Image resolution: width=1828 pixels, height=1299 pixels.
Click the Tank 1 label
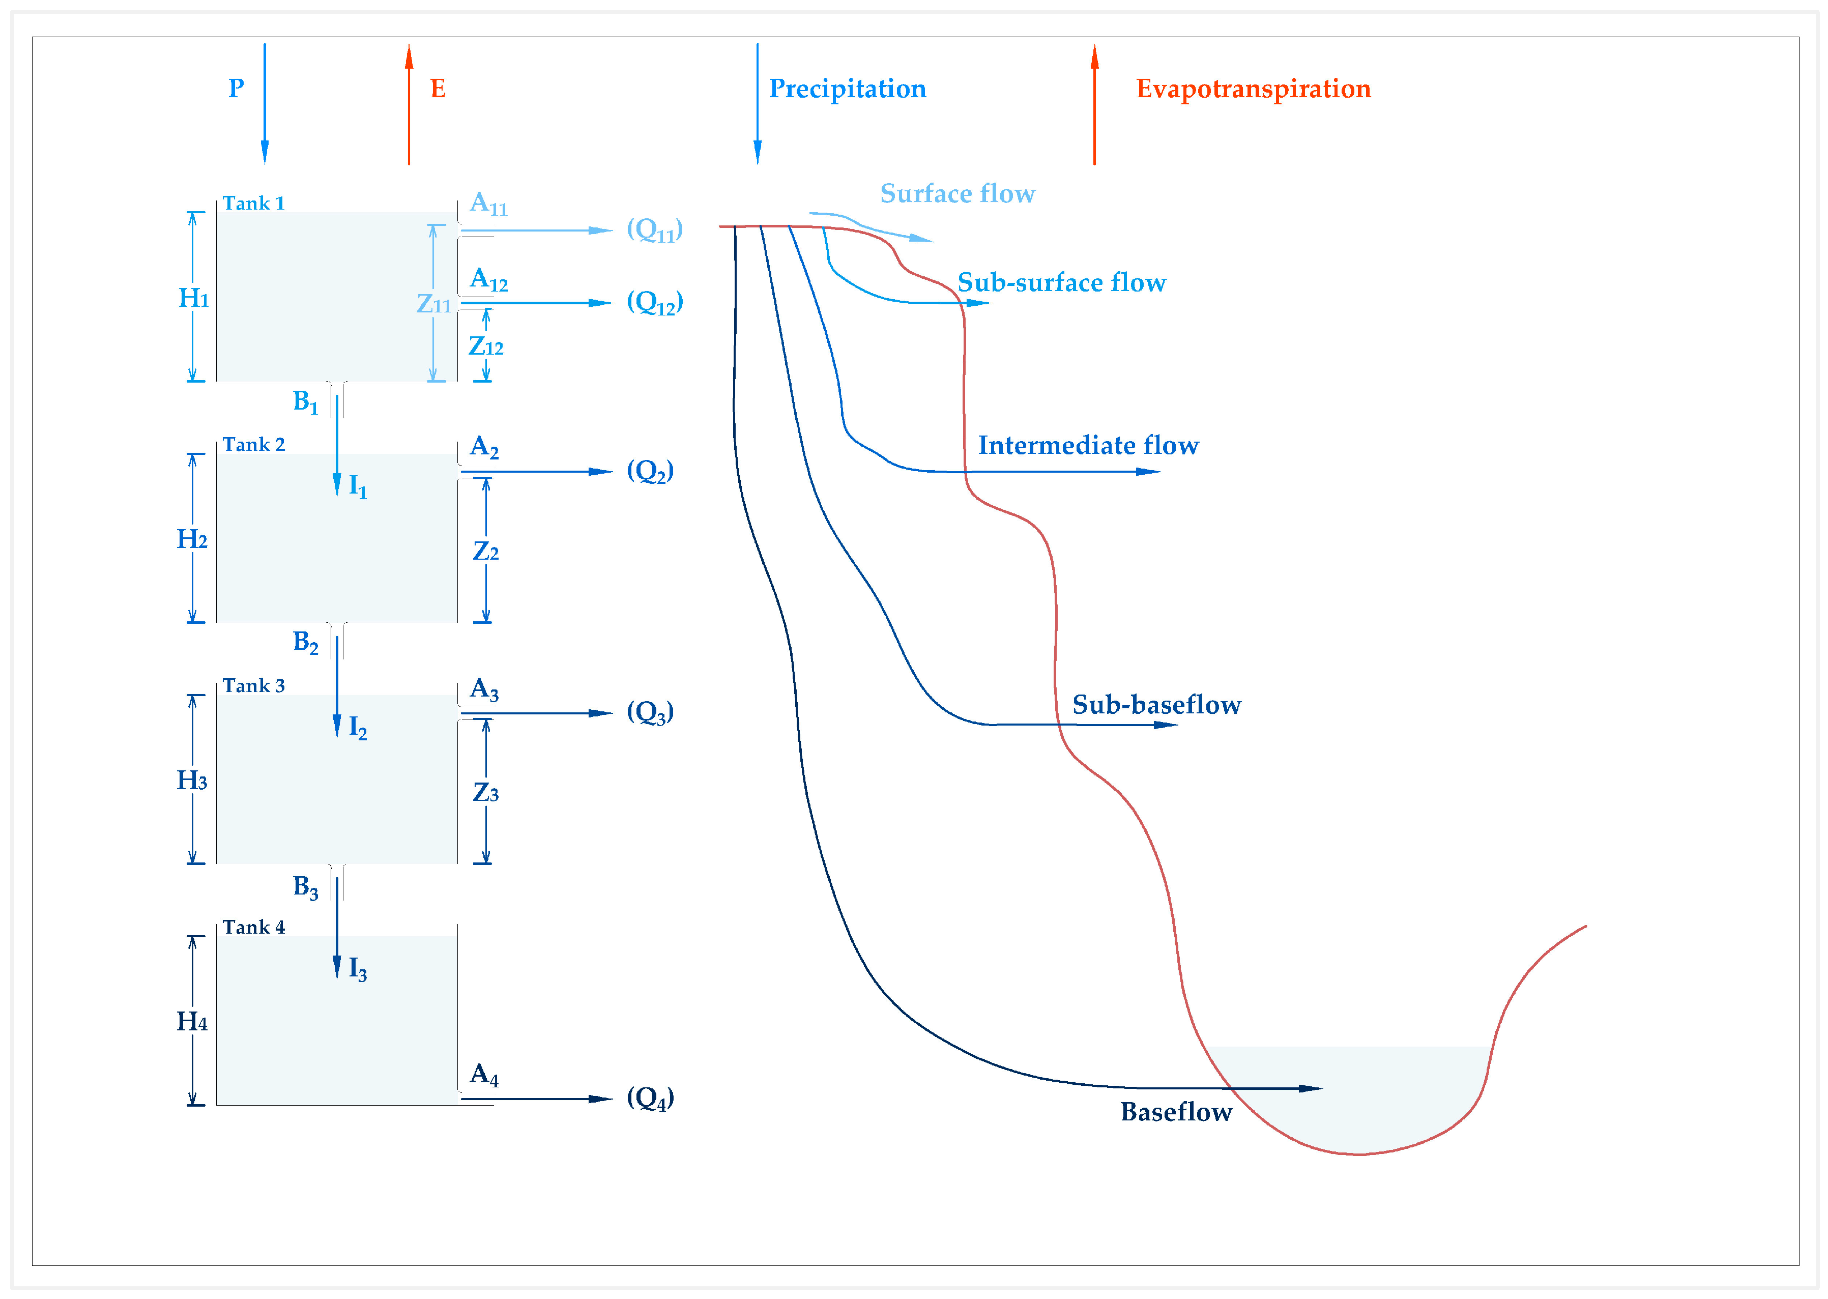253,203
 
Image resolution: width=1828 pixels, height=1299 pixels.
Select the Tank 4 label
253,927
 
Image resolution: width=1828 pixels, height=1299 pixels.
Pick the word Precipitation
847,89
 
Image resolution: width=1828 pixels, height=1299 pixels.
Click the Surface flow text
956,193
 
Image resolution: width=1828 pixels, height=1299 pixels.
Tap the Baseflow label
1175,1112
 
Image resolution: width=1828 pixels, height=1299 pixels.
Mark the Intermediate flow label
1088,446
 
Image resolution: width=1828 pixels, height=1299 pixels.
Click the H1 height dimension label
193,298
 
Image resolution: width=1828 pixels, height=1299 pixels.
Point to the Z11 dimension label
433,305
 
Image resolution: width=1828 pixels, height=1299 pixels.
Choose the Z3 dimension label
485,793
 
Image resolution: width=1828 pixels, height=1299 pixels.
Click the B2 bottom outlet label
305,642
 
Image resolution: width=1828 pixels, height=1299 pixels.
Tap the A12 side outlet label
488,280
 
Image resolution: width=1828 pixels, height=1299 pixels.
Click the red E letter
438,89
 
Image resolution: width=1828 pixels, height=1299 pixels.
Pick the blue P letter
236,89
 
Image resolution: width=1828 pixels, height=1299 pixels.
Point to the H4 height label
192,1022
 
